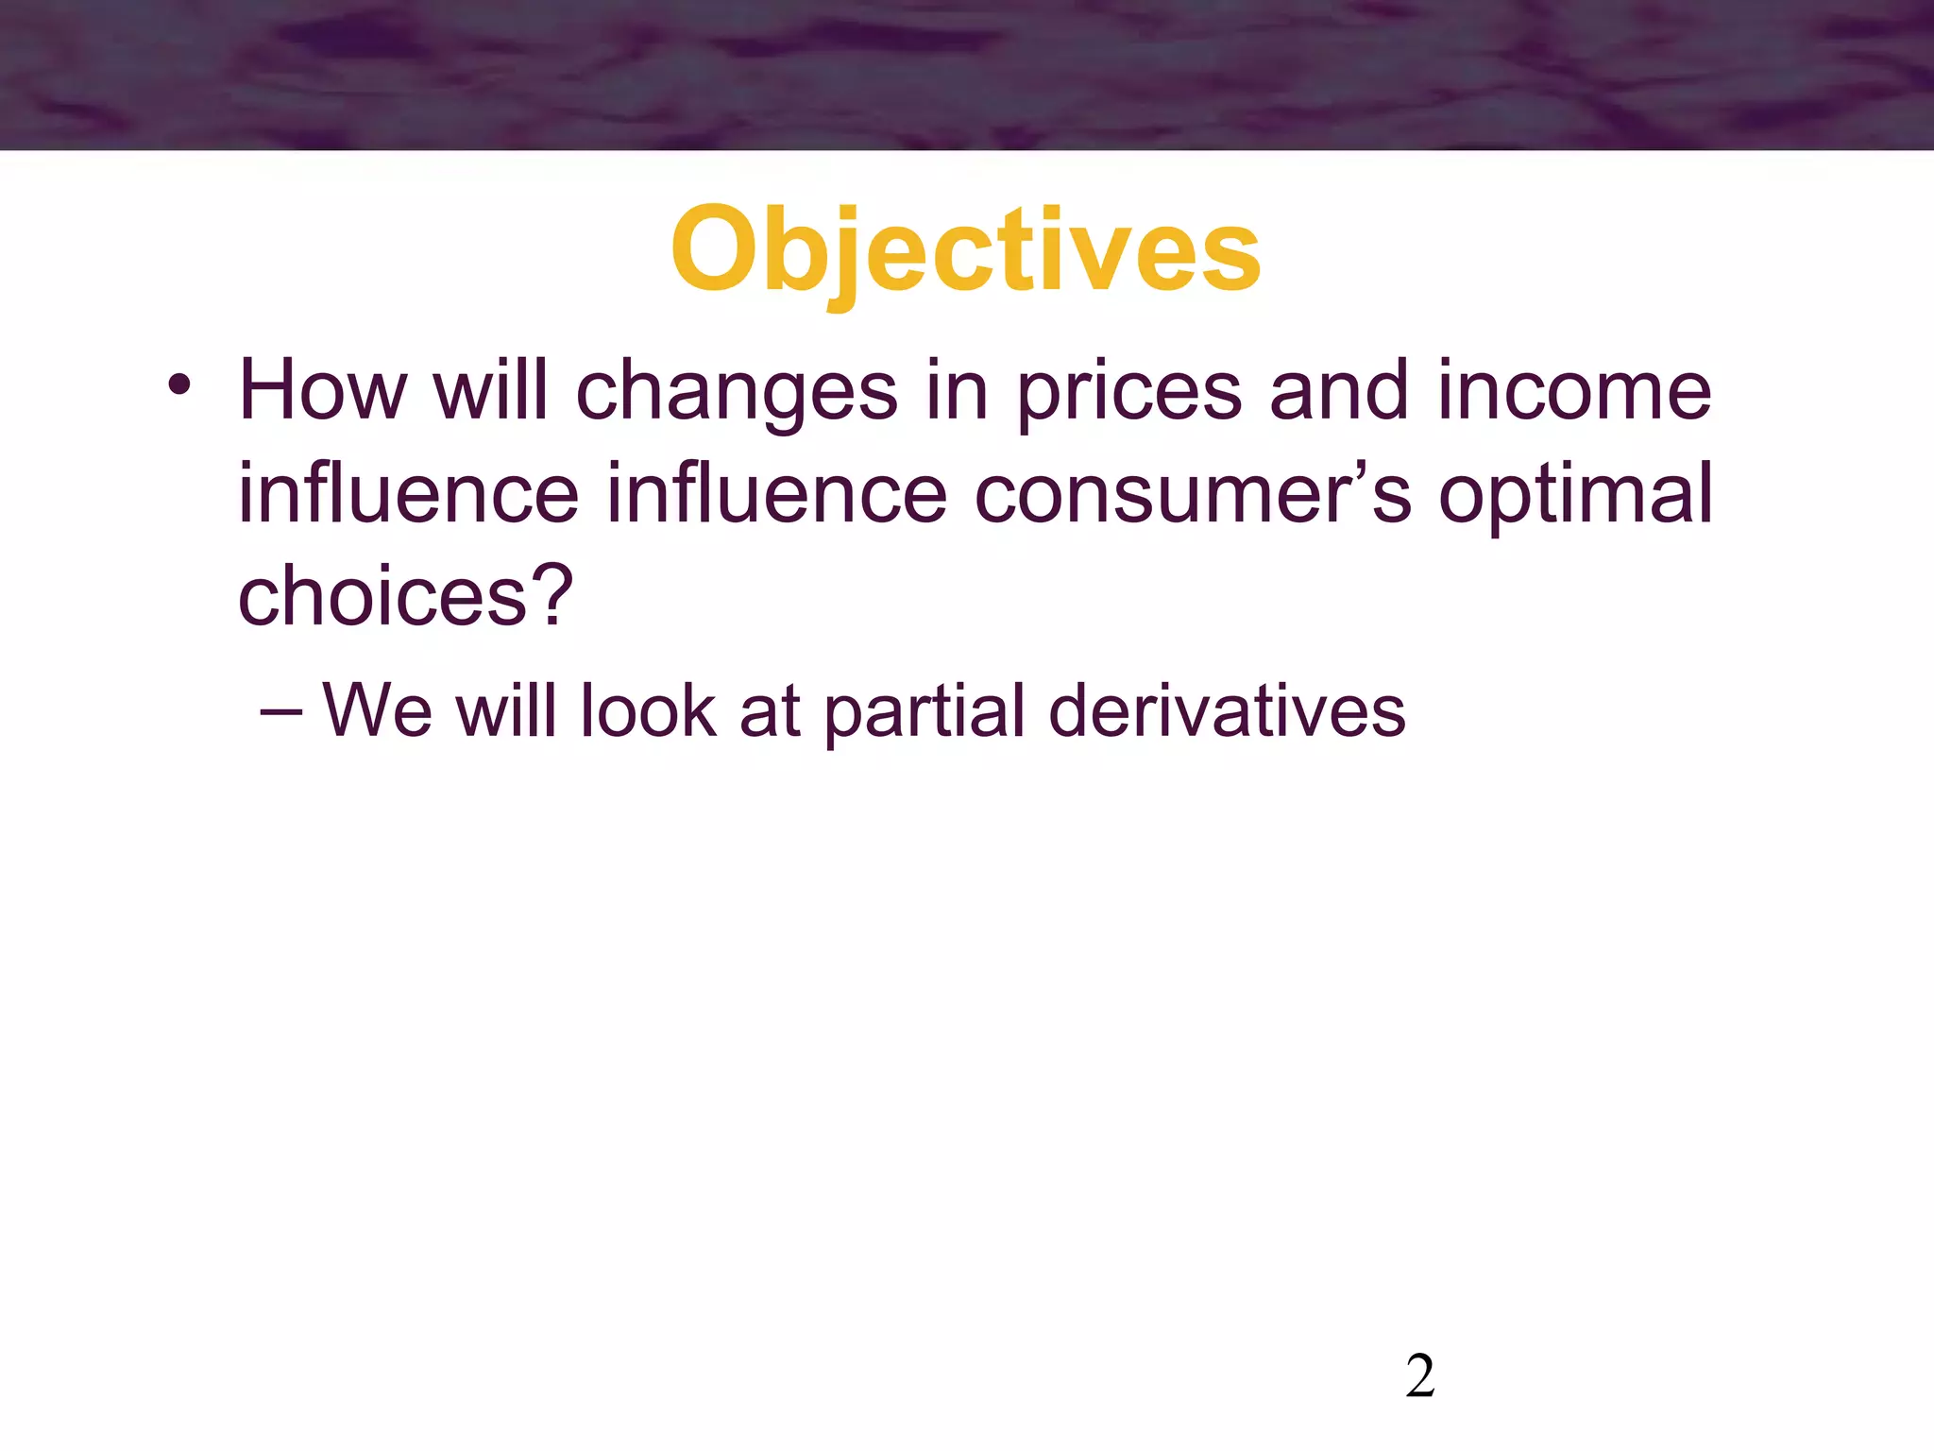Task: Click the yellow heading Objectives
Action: point(965,249)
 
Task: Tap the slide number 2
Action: point(1419,1376)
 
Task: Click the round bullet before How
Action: point(179,385)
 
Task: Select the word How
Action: point(322,391)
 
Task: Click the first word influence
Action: point(408,494)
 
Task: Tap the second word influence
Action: point(776,494)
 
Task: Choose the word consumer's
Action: point(1192,494)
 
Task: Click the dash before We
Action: point(280,710)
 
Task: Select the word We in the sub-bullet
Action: point(377,710)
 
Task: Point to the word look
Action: point(648,710)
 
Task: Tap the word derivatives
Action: point(1227,710)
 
